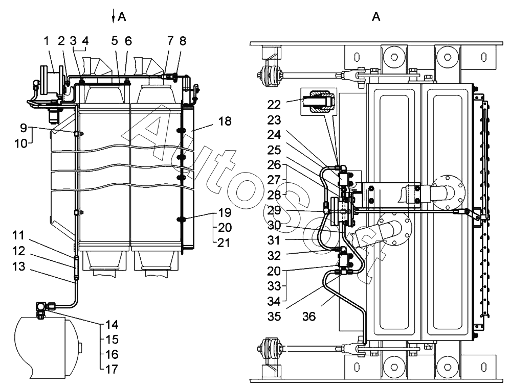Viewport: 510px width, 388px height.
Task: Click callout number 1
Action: pos(47,41)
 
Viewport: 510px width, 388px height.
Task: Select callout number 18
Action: pos(225,121)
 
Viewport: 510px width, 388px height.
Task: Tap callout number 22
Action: pos(274,105)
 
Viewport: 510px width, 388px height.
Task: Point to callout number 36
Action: pos(309,316)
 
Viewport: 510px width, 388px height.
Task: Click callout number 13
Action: pos(18,266)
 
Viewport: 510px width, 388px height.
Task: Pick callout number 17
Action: pos(112,369)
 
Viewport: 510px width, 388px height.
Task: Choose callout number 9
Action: pos(24,128)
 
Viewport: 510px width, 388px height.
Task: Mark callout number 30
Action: pos(274,225)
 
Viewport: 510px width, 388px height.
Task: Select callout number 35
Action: pos(274,316)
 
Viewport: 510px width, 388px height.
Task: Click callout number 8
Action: pos(183,41)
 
